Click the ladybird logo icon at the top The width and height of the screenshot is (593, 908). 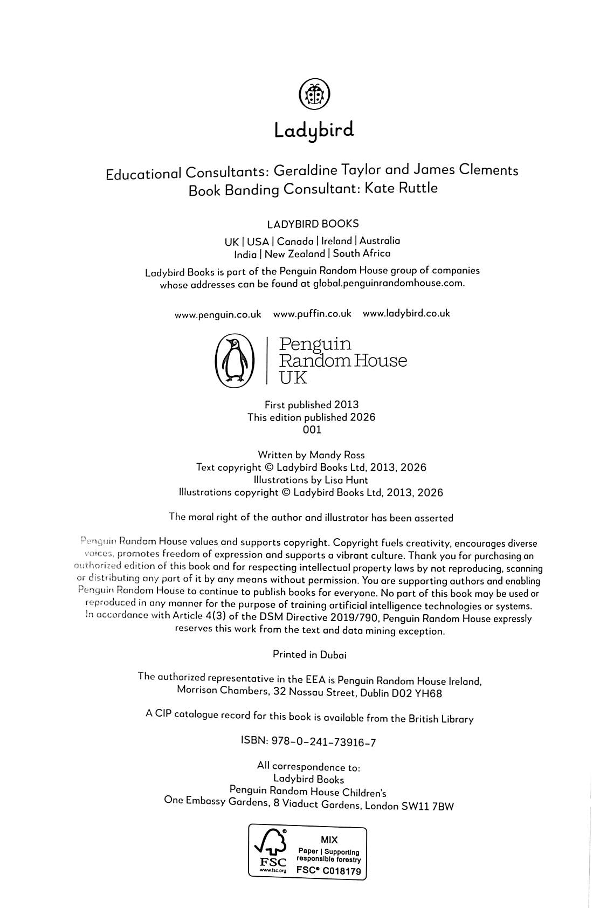pos(314,94)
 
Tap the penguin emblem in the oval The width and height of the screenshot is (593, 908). pos(234,361)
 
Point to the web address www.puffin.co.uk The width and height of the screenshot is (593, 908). pos(312,314)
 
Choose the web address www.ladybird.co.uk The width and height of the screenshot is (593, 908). pos(406,313)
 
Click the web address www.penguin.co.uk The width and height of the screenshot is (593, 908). pos(218,314)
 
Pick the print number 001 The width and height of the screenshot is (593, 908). pos(312,430)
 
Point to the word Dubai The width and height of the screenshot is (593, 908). pos(333,655)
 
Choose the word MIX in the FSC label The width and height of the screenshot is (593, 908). pos(329,840)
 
